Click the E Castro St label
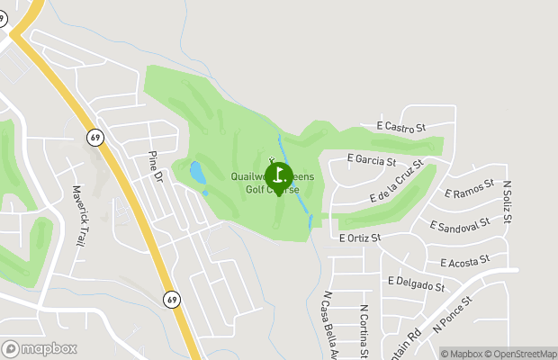pos(401,127)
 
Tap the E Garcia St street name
pos(372,160)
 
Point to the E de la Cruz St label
pos(396,183)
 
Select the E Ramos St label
pos(470,188)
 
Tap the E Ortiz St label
pos(360,238)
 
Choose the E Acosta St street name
pos(464,260)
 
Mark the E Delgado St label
pos(416,284)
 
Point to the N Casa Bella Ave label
pos(329,324)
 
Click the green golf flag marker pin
pos(279,176)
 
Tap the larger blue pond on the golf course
pos(196,171)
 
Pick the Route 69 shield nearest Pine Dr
pos(94,138)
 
